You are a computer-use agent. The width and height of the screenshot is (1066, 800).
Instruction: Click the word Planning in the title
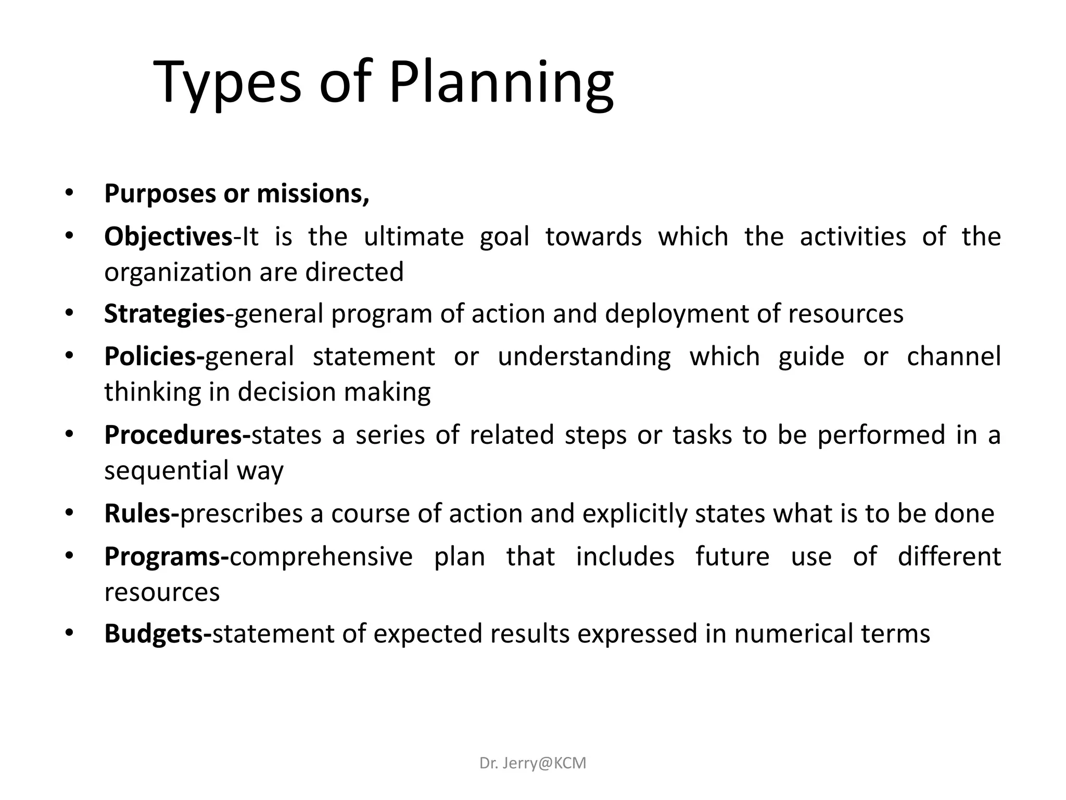pyautogui.click(x=501, y=83)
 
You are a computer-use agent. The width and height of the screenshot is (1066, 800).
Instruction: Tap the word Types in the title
pyautogui.click(x=227, y=83)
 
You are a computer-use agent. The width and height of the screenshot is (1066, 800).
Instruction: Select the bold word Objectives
pyautogui.click(x=168, y=237)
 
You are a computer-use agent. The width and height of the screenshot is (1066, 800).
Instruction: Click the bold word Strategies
pyautogui.click(x=164, y=314)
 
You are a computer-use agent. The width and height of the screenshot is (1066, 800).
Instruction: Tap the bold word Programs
pyautogui.click(x=163, y=556)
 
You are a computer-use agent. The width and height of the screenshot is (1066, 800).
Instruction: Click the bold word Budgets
pyautogui.click(x=155, y=634)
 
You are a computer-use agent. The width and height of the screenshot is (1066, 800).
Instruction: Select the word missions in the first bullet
pyautogui.click(x=313, y=194)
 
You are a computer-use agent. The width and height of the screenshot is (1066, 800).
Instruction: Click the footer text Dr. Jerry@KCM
pyautogui.click(x=532, y=763)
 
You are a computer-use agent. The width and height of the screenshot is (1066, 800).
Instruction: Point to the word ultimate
pyautogui.click(x=413, y=237)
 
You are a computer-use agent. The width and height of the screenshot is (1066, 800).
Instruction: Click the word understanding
pyautogui.click(x=584, y=357)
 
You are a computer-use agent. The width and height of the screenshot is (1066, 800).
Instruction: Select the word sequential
pyautogui.click(x=166, y=471)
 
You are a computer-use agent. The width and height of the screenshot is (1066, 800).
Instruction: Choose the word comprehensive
pyautogui.click(x=321, y=556)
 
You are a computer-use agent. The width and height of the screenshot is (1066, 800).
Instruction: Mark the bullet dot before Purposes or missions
pyautogui.click(x=69, y=193)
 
